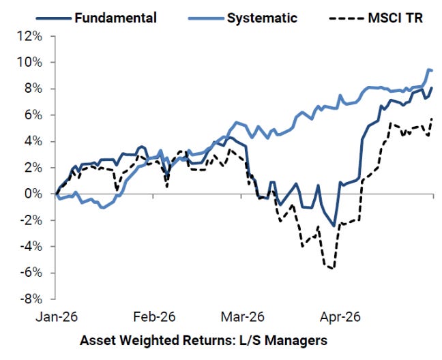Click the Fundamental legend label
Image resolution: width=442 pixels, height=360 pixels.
coord(115,18)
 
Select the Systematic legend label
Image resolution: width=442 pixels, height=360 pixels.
coord(262,18)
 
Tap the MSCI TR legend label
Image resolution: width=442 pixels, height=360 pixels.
coord(396,18)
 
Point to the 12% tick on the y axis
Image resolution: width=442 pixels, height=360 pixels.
coord(30,36)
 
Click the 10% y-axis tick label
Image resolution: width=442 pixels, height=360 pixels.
coord(30,63)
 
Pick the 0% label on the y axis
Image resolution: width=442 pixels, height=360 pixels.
coord(33,194)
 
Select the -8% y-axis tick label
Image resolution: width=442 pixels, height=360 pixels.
coord(31,299)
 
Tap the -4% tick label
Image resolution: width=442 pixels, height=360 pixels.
coord(31,247)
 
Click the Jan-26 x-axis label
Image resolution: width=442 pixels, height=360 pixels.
coord(57,317)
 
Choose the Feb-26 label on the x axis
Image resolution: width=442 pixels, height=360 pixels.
coord(154,317)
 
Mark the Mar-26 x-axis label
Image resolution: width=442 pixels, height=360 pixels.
coord(242,317)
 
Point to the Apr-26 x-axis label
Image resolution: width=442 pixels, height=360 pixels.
coord(340,317)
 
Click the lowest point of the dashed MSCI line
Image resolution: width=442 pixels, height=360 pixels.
coord(332,269)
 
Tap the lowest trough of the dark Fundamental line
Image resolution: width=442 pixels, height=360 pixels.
coord(334,226)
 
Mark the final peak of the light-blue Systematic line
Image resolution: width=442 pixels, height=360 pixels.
coord(429,70)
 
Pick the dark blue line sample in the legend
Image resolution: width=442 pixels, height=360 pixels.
coord(54,18)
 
